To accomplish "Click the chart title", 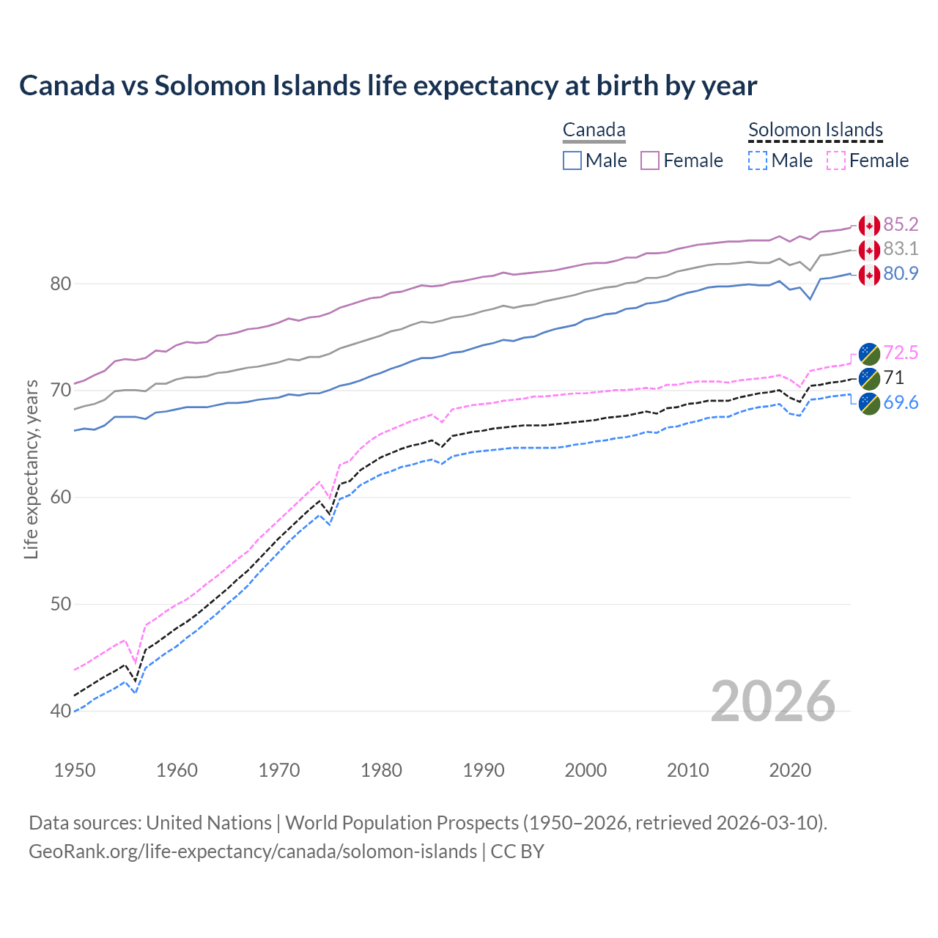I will (388, 86).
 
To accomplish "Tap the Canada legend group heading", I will (594, 130).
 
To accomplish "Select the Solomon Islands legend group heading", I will (815, 130).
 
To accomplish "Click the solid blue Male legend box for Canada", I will (572, 160).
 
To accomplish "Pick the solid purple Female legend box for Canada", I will (650, 160).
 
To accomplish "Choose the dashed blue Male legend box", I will (758, 160).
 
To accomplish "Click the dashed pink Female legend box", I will (835, 160).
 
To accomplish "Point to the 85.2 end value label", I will (901, 224).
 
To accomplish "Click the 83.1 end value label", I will (901, 249).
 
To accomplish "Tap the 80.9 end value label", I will (901, 274).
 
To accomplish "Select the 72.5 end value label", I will (901, 352).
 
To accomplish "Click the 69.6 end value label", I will (901, 402).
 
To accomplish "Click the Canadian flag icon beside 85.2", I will (869, 225).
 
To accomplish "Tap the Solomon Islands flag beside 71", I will (869, 378).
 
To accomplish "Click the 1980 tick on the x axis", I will (381, 770).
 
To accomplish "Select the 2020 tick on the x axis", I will (790, 770).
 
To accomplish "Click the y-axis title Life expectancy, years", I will (31, 469).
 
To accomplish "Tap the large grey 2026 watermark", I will (772, 701).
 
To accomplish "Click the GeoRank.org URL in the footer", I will (253, 852).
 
